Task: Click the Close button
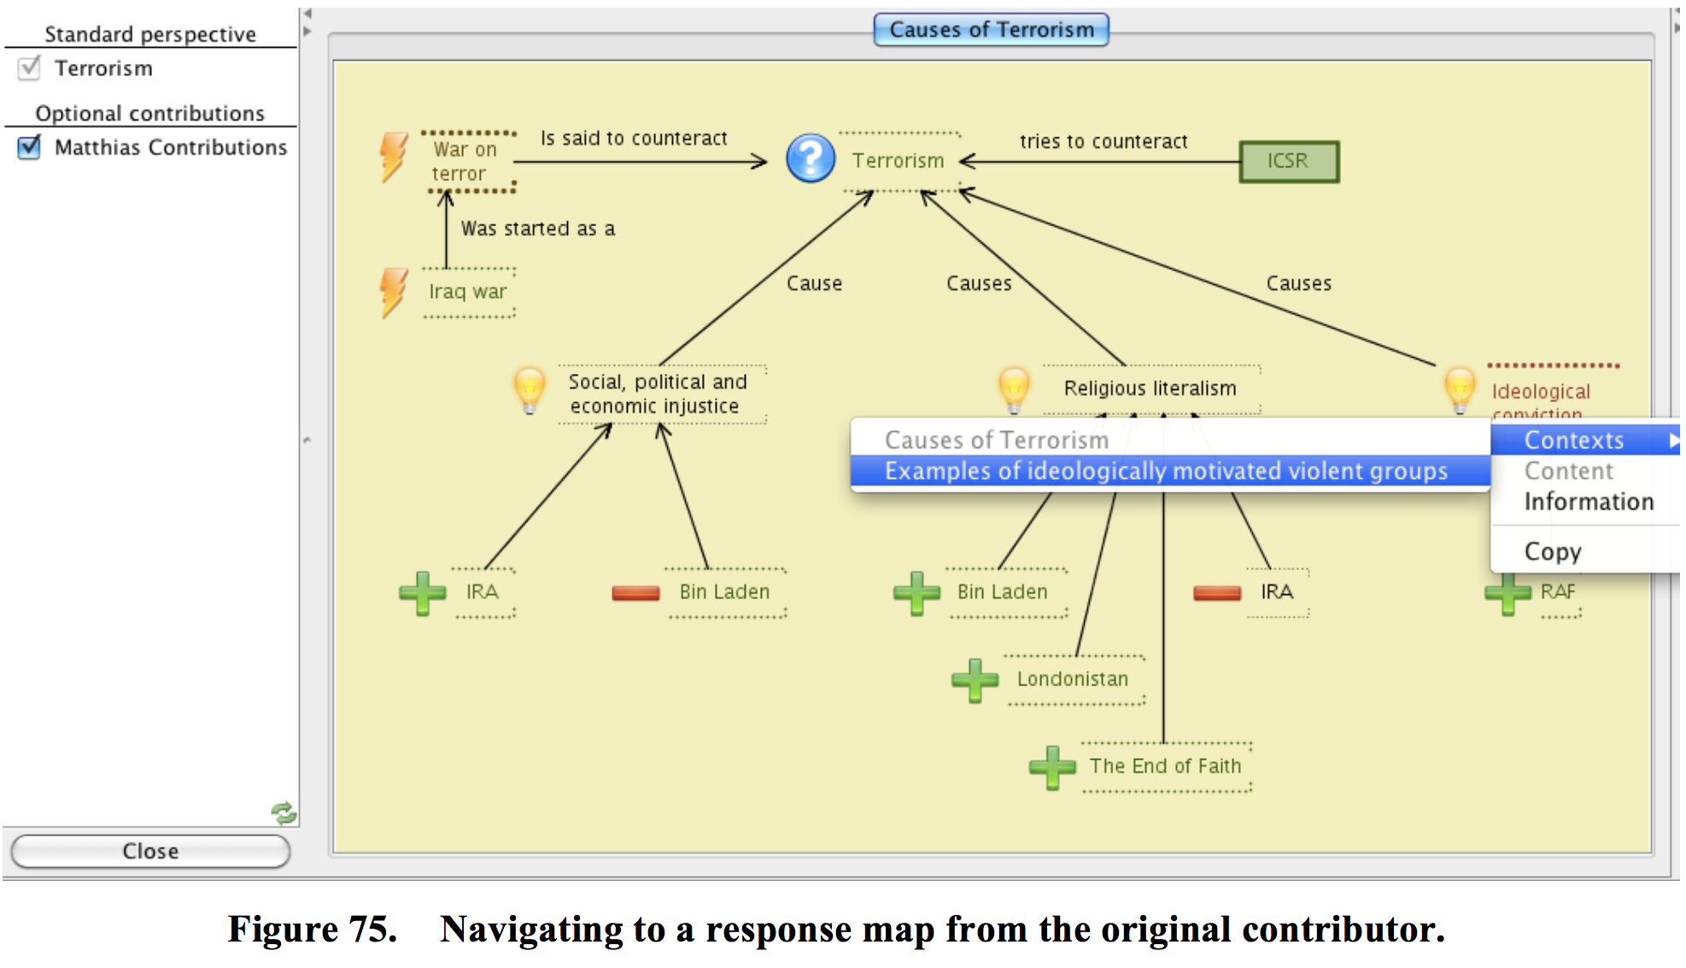pyautogui.click(x=150, y=850)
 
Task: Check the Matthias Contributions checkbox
pyautogui.click(x=29, y=147)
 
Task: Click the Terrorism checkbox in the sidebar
pyautogui.click(x=29, y=68)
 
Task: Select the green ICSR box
pyautogui.click(x=1289, y=161)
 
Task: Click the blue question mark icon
pyautogui.click(x=811, y=159)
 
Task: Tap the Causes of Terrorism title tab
pyautogui.click(x=991, y=30)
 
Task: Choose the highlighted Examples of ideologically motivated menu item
pyautogui.click(x=1166, y=471)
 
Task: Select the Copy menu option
pyautogui.click(x=1553, y=551)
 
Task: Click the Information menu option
pyautogui.click(x=1589, y=502)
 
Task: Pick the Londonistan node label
pyautogui.click(x=1073, y=679)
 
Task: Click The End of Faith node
pyautogui.click(x=1165, y=767)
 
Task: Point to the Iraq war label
pyautogui.click(x=468, y=292)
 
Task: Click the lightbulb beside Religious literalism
pyautogui.click(x=1014, y=388)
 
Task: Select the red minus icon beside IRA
pyautogui.click(x=1217, y=592)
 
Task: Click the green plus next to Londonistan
pyautogui.click(x=975, y=680)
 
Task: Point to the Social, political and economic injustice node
pyautogui.click(x=657, y=394)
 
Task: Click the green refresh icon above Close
pyautogui.click(x=284, y=813)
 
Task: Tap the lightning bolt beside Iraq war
pyautogui.click(x=394, y=292)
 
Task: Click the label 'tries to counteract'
pyautogui.click(x=1104, y=142)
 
